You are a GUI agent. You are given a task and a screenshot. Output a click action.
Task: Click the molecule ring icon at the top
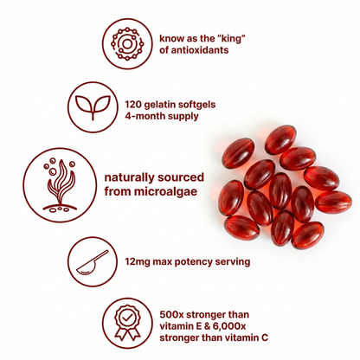(x=126, y=42)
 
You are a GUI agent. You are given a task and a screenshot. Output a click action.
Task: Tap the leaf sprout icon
(x=111, y=106)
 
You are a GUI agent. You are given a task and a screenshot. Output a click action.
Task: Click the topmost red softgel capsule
(x=280, y=138)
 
